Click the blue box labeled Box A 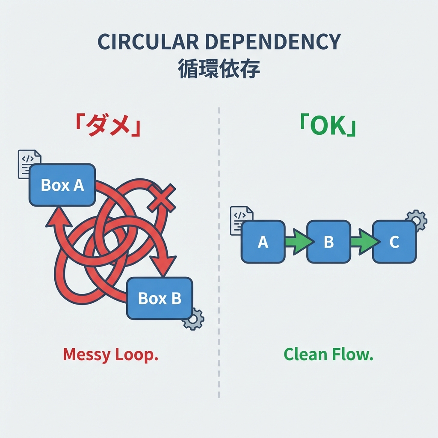[x=62, y=185]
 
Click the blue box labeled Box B [x=160, y=298]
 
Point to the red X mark [x=161, y=198]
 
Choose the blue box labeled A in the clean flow [x=263, y=242]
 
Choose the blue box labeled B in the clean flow [x=328, y=242]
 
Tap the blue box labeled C [x=394, y=242]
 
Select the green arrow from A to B [x=296, y=242]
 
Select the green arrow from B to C [x=362, y=242]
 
